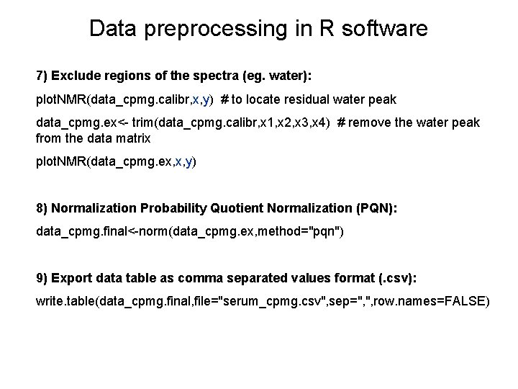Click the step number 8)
point(42,209)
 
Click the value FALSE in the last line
point(464,300)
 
